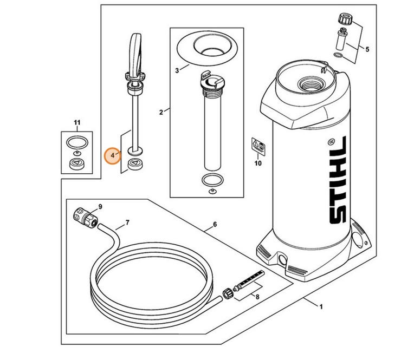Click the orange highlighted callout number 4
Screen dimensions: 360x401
point(113,155)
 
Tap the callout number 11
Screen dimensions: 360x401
point(77,123)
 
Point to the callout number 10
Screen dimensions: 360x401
point(257,162)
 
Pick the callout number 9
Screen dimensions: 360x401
point(99,206)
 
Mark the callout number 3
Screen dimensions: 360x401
point(177,70)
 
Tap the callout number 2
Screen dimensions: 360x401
point(161,112)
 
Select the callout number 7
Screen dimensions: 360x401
point(127,222)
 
